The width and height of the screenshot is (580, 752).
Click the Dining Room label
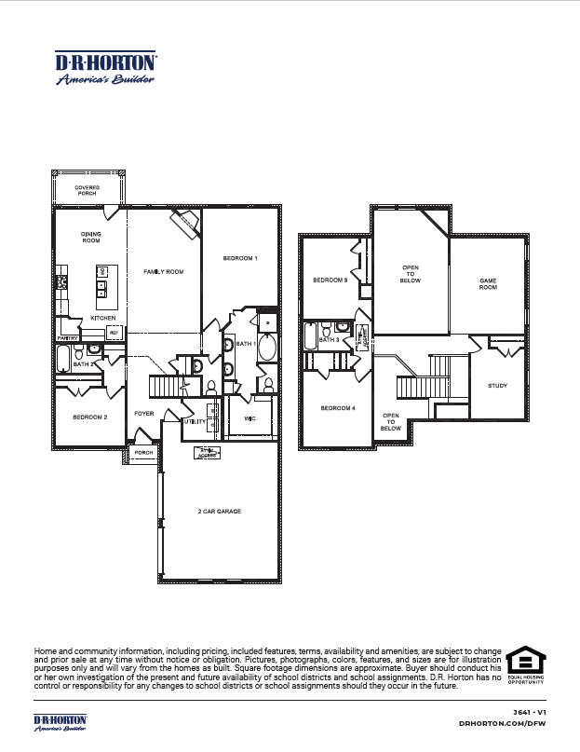pyautogui.click(x=90, y=238)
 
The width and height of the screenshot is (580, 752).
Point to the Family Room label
pyautogui.click(x=163, y=271)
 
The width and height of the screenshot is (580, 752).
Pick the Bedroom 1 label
pyautogui.click(x=240, y=257)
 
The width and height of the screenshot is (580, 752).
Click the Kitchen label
pyautogui.click(x=102, y=318)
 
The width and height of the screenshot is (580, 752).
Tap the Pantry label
pyautogui.click(x=67, y=337)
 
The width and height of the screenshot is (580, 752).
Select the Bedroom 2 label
pyautogui.click(x=90, y=417)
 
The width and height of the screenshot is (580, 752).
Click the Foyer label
pyautogui.click(x=143, y=413)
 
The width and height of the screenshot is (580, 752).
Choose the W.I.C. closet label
pyautogui.click(x=250, y=418)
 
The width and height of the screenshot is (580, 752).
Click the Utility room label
pyautogui.click(x=195, y=421)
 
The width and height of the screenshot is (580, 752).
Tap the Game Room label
pyautogui.click(x=488, y=284)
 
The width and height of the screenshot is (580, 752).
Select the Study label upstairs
pyautogui.click(x=497, y=386)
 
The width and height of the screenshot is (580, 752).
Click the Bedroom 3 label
pyautogui.click(x=330, y=280)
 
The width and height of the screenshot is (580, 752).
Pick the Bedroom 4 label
pyautogui.click(x=338, y=408)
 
